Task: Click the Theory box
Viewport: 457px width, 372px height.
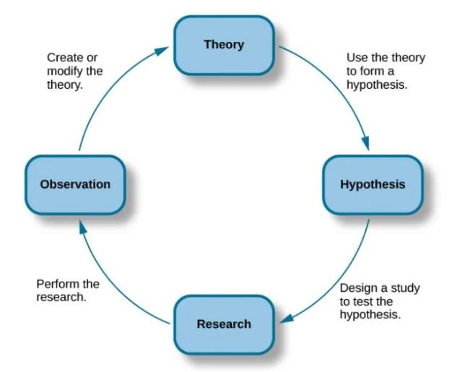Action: click(224, 46)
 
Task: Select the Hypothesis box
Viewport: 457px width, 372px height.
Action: click(373, 185)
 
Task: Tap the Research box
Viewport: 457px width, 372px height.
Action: click(224, 324)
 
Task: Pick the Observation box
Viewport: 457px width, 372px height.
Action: click(76, 185)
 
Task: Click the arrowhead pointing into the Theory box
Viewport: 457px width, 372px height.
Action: click(161, 51)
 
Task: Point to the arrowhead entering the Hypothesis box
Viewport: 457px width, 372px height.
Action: click(365, 143)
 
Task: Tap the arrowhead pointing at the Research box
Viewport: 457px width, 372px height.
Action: click(287, 319)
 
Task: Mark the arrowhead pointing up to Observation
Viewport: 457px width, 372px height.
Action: click(83, 227)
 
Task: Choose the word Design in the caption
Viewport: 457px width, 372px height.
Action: click(358, 288)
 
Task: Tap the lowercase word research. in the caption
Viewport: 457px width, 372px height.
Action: click(61, 298)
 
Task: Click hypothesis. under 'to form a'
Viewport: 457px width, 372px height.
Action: click(377, 85)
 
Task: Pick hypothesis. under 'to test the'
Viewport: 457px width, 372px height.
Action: click(370, 315)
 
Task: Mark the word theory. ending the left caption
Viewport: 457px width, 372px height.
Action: click(65, 85)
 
